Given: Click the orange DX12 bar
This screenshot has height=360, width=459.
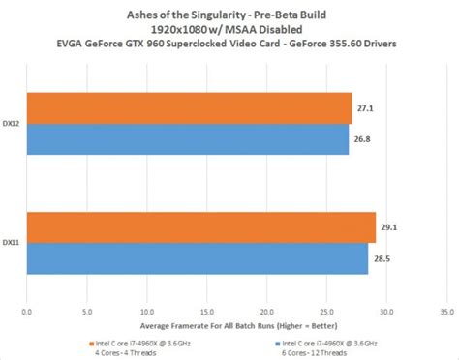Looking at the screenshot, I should coord(189,109).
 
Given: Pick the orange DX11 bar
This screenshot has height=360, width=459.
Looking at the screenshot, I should coord(200,227).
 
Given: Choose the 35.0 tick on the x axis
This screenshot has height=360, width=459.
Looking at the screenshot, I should coord(446,312).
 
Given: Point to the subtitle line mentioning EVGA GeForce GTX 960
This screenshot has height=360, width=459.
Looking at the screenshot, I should coord(228,42).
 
